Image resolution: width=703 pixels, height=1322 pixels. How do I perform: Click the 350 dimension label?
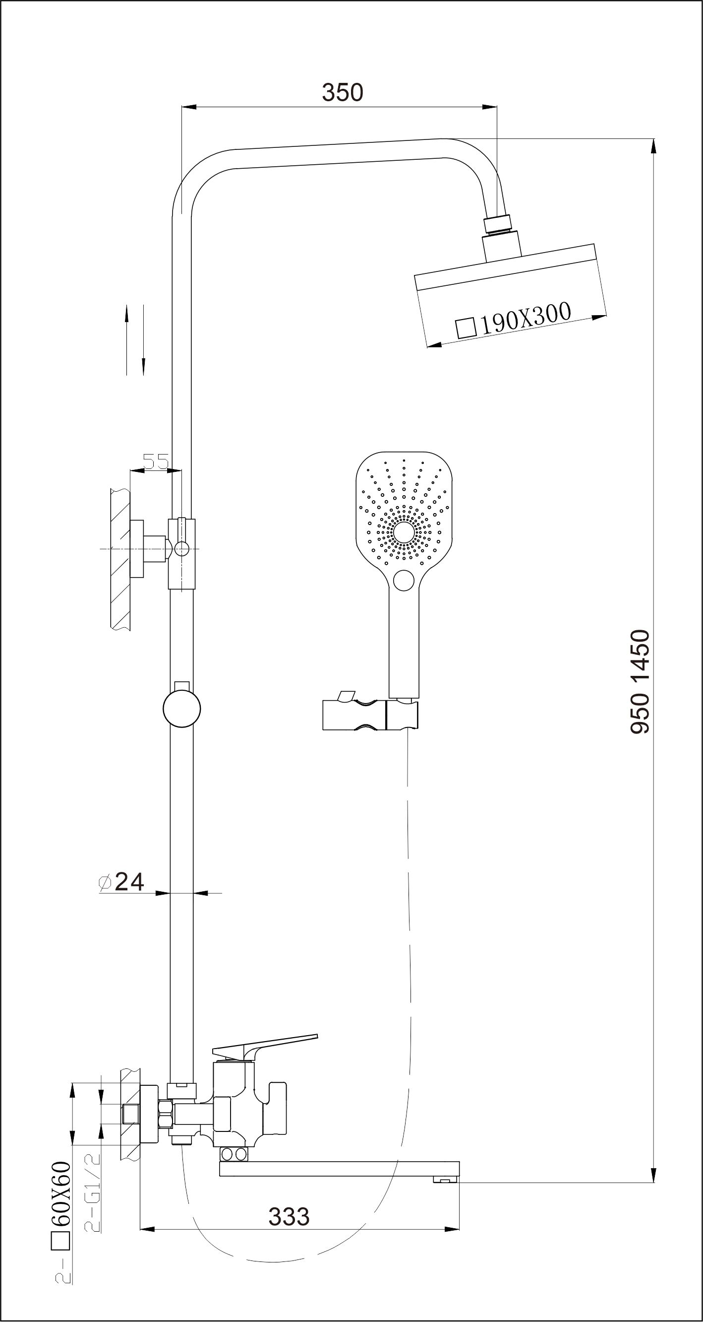click(342, 92)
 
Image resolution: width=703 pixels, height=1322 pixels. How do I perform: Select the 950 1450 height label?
click(641, 681)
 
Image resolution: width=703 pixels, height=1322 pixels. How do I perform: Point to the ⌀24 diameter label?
click(121, 882)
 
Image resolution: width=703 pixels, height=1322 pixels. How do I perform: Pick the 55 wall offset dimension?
click(155, 462)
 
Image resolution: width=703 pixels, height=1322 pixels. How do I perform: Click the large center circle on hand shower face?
click(404, 532)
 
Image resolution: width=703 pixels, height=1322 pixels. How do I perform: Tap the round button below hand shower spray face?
click(404, 581)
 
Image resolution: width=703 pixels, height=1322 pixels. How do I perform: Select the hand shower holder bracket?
click(370, 712)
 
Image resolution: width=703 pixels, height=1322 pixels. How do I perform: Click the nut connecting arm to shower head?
click(497, 223)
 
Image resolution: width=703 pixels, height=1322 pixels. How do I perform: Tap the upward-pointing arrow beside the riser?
click(127, 340)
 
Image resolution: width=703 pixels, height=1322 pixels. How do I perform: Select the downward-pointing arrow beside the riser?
click(144, 340)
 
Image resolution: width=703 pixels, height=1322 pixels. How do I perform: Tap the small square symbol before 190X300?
click(466, 328)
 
